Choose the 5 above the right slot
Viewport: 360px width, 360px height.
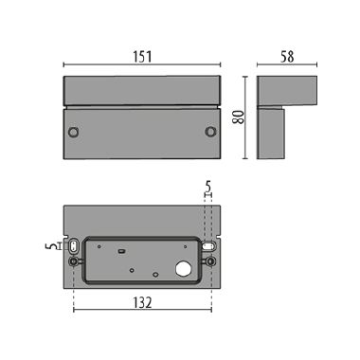pyautogui.click(x=207, y=188)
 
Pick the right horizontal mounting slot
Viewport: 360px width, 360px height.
pyautogui.click(x=208, y=244)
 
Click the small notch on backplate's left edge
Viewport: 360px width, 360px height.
pyautogui.click(x=63, y=236)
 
